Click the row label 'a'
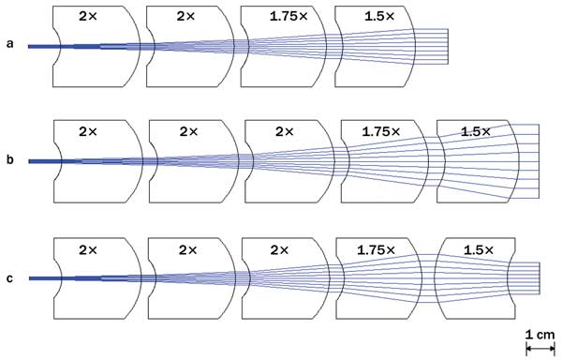click(x=10, y=44)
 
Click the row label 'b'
click(x=10, y=161)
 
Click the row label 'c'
click(x=10, y=277)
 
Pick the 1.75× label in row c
click(x=377, y=250)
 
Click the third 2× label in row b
click(x=283, y=133)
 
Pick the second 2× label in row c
click(x=185, y=250)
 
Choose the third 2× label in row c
click(x=283, y=250)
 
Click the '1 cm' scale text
click(x=541, y=334)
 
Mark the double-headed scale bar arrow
click(x=541, y=348)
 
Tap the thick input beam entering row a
click(x=42, y=45)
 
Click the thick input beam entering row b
click(x=42, y=161)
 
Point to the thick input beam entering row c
click(x=42, y=278)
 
